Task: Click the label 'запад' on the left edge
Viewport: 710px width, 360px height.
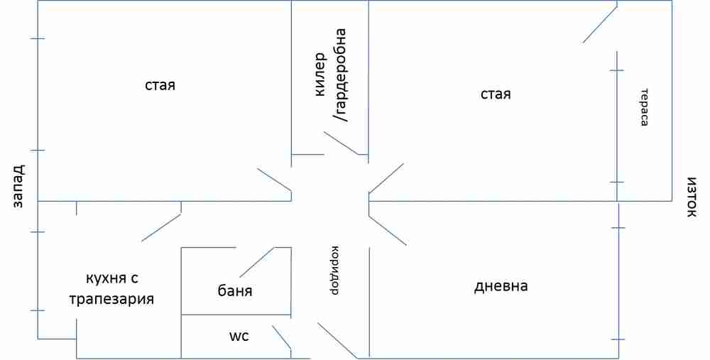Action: point(18,186)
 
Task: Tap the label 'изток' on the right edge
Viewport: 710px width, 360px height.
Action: point(692,197)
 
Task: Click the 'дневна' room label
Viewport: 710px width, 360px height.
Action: point(501,287)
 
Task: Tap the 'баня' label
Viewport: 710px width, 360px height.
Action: point(235,291)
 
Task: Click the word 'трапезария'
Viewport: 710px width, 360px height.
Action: point(111,298)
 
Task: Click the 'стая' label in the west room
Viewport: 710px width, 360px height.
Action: point(160,85)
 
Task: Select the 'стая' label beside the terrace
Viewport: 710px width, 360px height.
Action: point(496,94)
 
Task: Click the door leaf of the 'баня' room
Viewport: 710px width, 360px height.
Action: point(257,262)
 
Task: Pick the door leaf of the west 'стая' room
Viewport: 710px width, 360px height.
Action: point(274,180)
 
